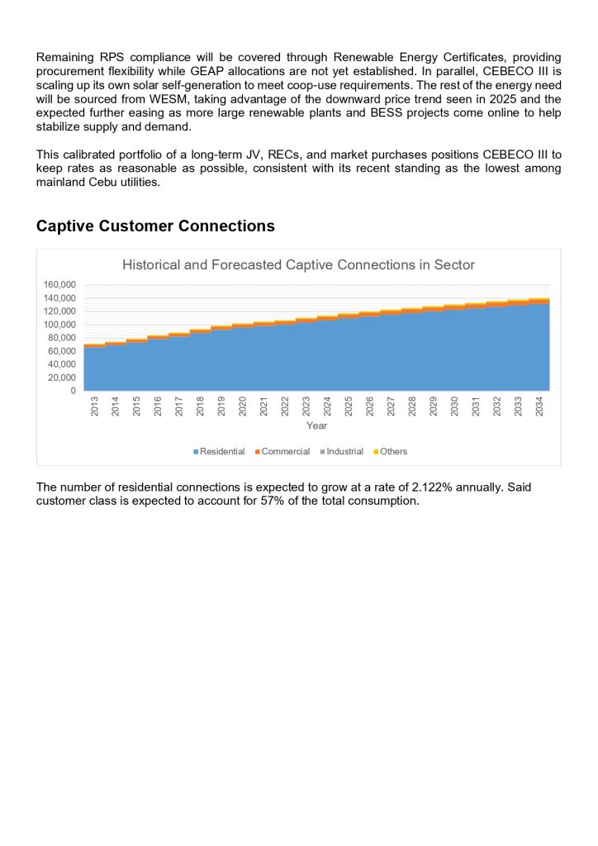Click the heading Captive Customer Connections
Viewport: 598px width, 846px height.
[155, 226]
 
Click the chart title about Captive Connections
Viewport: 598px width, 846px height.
[298, 265]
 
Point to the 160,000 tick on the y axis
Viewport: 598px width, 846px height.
[59, 285]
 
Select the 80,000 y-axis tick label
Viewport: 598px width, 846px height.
[61, 338]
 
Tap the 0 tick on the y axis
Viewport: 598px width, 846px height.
[73, 391]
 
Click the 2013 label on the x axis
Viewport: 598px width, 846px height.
[94, 406]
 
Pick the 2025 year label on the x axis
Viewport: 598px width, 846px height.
[349, 406]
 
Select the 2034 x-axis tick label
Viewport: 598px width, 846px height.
[539, 406]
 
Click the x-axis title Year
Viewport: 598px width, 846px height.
[316, 425]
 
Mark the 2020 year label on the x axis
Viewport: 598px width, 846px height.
[243, 406]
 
